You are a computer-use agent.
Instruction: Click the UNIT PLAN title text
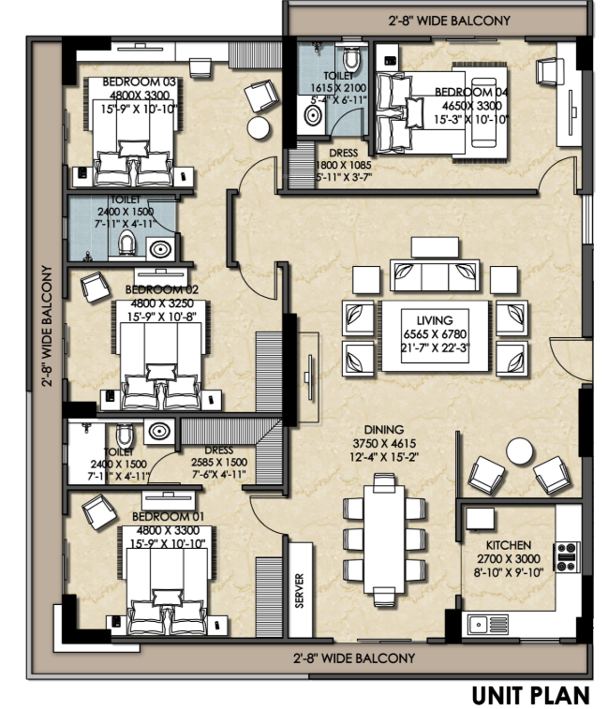click(x=530, y=694)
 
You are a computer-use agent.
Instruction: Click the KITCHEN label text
click(x=509, y=545)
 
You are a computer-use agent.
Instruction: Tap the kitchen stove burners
click(x=567, y=556)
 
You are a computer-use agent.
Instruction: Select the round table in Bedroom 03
click(x=258, y=128)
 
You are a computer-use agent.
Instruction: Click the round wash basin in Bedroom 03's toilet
click(x=162, y=249)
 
